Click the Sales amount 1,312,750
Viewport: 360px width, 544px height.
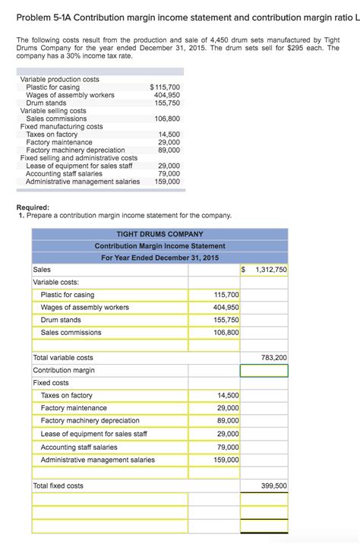[270, 270]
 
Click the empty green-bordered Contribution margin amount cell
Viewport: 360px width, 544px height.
[264, 370]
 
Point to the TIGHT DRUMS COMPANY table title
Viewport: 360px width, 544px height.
[159, 234]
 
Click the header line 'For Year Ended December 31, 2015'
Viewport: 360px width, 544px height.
[159, 258]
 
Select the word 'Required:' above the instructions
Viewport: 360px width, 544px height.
[33, 207]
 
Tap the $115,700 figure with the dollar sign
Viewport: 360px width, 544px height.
[165, 87]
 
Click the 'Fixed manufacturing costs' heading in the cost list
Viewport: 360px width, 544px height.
[62, 126]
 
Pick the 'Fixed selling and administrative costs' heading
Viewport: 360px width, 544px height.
[78, 158]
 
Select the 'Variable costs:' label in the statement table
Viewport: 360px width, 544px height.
[56, 282]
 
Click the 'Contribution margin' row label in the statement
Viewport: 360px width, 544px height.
[64, 370]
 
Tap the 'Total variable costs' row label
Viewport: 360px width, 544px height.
[64, 357]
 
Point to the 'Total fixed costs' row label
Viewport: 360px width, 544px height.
[58, 485]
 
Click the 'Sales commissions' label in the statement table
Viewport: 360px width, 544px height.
[71, 332]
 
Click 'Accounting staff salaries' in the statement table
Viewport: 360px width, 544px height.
[79, 447]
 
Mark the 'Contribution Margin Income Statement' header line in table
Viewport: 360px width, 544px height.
[159, 245]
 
